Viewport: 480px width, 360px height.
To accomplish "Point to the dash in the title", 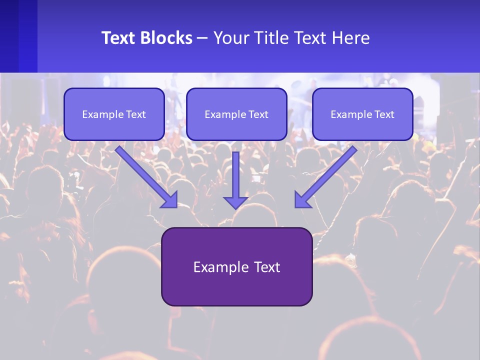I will point(202,38).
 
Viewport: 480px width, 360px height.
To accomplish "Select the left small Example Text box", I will point(114,114).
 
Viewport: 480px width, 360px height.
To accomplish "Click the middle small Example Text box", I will point(236,114).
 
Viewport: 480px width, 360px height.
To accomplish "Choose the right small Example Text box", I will point(362,114).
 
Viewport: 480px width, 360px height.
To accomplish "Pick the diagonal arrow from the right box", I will point(327,175).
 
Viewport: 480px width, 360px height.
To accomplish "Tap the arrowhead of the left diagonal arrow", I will point(170,200).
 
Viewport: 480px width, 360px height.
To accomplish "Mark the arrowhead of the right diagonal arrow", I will point(302,200).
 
